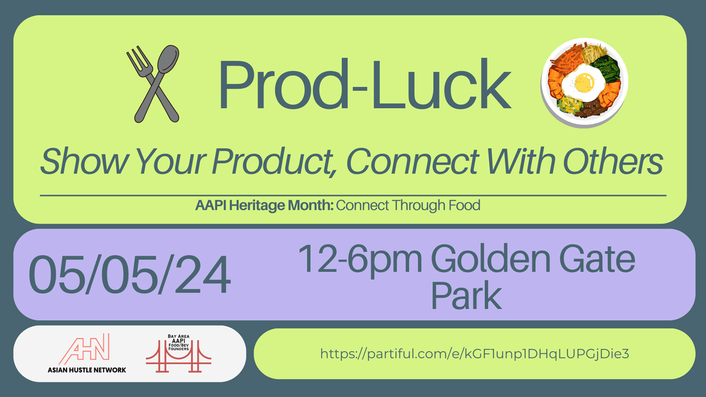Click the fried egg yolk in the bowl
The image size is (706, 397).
coord(584,82)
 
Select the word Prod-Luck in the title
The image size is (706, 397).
coord(364,84)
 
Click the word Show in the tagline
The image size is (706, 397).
coord(84,161)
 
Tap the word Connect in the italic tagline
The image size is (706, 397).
coord(413,161)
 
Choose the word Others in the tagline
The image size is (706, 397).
coord(613,161)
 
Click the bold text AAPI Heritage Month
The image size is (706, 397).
coord(264,205)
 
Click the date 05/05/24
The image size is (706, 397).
coord(130,275)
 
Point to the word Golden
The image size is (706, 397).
coord(491,259)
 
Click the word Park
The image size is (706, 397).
coord(466,296)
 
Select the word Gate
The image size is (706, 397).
coord(597,259)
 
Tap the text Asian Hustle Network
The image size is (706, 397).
coord(87,370)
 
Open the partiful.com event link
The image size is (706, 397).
coord(474,353)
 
